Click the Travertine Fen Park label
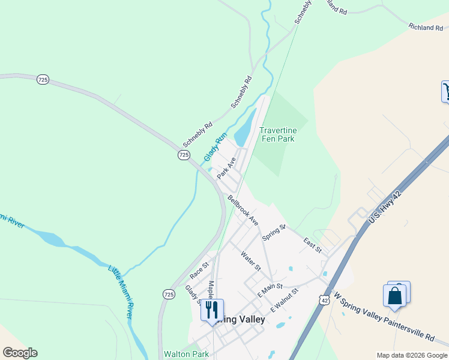tap(277, 134)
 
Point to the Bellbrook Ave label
tap(243, 209)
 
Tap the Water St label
tap(251, 260)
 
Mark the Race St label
tap(199, 270)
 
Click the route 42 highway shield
tap(325, 300)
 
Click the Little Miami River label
tap(121, 290)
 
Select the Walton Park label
tap(186, 354)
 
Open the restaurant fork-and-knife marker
tap(211, 310)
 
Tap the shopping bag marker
tap(394, 295)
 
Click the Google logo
tap(20, 353)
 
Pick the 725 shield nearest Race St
tap(169, 294)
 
